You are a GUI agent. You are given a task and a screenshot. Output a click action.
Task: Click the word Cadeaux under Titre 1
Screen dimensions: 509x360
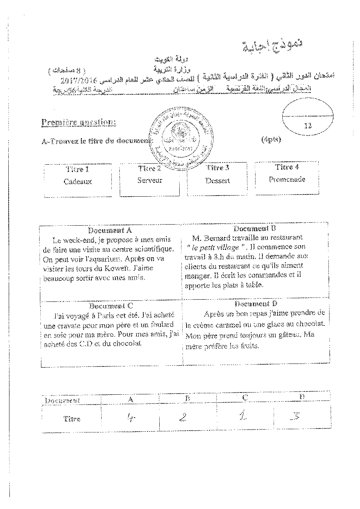click(x=78, y=182)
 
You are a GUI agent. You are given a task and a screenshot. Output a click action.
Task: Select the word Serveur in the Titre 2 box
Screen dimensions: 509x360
click(x=150, y=180)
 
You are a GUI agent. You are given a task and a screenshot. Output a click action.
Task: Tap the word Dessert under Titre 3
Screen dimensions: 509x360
click(x=217, y=180)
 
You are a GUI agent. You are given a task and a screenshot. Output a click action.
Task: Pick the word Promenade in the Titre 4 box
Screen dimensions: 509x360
click(x=287, y=179)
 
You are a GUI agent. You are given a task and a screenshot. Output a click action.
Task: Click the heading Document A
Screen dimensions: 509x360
click(x=110, y=230)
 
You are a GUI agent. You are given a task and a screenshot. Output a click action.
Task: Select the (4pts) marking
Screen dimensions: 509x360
click(x=271, y=139)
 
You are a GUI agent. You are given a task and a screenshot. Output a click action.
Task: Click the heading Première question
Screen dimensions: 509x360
click(x=79, y=122)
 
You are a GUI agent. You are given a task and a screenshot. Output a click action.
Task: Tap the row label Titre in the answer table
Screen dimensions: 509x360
click(x=71, y=419)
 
